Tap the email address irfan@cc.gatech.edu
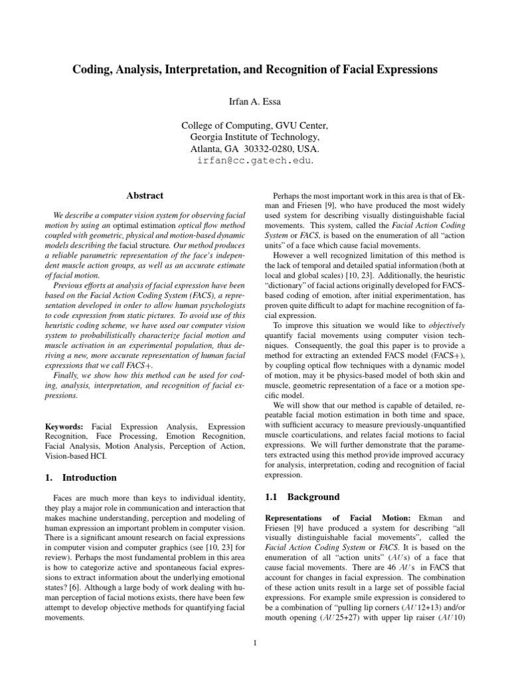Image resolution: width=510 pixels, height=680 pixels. pos(254,161)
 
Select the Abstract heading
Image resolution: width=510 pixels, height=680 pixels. pos(145,196)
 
